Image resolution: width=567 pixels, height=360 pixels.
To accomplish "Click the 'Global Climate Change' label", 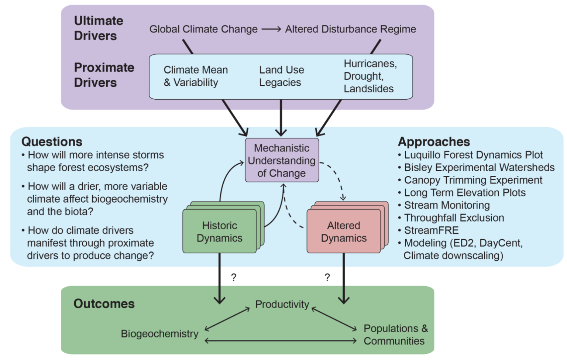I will pos(203,29).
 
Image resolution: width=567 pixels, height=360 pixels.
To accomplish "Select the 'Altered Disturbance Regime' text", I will pos(350,29).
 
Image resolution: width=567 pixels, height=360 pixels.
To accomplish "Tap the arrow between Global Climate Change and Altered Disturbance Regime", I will pos(271,29).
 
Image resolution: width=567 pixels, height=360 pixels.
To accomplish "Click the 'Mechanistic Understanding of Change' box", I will pos(282,161).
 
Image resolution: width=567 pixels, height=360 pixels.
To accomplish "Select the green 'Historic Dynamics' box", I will pos(220,232).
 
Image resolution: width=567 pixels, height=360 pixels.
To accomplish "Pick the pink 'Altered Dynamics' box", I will pos(344,232).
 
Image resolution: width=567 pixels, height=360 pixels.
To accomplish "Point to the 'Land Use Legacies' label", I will pos(281,76).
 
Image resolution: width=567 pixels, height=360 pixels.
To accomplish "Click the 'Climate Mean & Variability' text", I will pos(196,76).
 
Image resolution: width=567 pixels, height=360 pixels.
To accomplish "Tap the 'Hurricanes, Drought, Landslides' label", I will pos(370,76).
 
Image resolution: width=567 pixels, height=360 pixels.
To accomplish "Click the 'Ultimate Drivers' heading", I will pos(98,28).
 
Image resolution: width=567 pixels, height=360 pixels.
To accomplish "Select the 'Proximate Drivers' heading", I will pos(104,75).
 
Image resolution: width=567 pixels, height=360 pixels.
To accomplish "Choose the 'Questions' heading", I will pos(52,142).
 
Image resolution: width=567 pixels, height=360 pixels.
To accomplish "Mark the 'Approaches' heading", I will pos(434,142).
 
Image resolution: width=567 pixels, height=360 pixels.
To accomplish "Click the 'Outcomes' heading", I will pos(104,304).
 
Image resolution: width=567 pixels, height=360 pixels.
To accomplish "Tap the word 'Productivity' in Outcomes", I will pos(282,304).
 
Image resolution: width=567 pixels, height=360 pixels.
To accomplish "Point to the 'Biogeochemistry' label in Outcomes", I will pos(159,334).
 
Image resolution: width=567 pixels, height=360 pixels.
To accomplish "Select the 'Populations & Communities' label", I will pos(395,335).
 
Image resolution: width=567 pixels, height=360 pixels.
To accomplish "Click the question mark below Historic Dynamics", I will pos(234,277).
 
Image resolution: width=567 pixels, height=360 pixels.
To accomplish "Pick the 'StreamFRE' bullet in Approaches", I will pos(431,230).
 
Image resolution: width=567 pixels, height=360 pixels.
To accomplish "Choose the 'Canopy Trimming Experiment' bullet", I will pos(473,180).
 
